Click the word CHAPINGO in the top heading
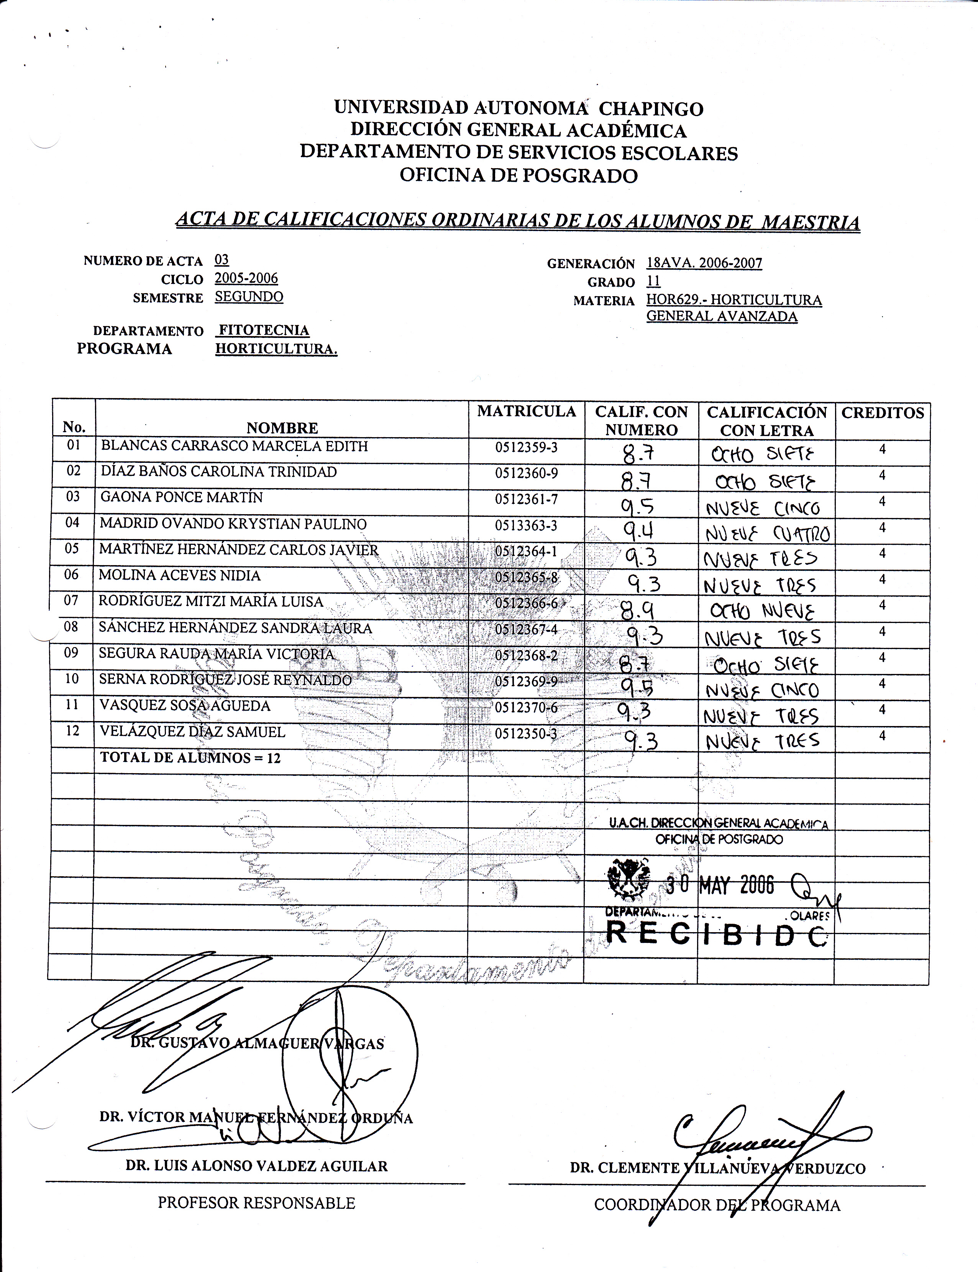pyautogui.click(x=651, y=109)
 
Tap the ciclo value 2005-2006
pyautogui.click(x=246, y=278)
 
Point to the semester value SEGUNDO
pyautogui.click(x=249, y=297)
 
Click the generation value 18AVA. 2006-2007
pyautogui.click(x=704, y=263)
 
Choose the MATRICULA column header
pyautogui.click(x=526, y=412)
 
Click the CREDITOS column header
pyautogui.click(x=883, y=413)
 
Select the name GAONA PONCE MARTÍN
pyautogui.click(x=182, y=498)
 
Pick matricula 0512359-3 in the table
pyautogui.click(x=526, y=447)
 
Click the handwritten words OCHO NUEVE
pyautogui.click(x=763, y=611)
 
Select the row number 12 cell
pyautogui.click(x=72, y=731)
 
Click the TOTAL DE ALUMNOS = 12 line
pyautogui.click(x=190, y=757)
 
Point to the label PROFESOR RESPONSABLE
pyautogui.click(x=256, y=1203)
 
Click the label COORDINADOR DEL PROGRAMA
pyautogui.click(x=717, y=1205)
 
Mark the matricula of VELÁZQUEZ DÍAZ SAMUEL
pyautogui.click(x=526, y=734)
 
